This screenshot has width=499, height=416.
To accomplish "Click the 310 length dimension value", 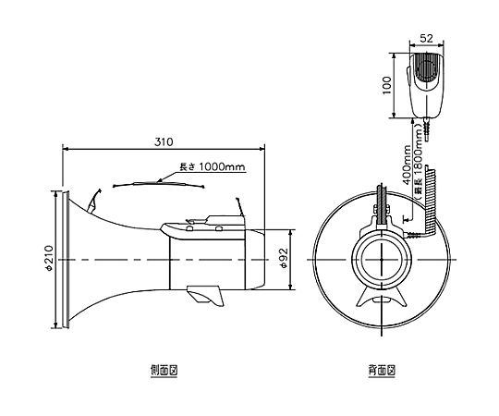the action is pyautogui.click(x=164, y=141).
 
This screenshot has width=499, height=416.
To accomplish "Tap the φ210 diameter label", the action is pyautogui.click(x=49, y=258).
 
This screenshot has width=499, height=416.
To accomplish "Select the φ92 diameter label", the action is pyautogui.click(x=284, y=258).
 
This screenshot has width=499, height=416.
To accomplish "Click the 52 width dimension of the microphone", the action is pyautogui.click(x=426, y=38).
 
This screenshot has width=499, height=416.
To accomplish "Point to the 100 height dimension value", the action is pyautogui.click(x=386, y=85).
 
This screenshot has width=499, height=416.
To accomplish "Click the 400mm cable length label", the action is pyautogui.click(x=407, y=165).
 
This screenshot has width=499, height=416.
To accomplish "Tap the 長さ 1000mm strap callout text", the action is pyautogui.click(x=213, y=166).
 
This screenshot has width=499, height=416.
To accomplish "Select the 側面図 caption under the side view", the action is pyautogui.click(x=164, y=370).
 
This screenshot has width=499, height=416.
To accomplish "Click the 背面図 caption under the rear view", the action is pyautogui.click(x=382, y=370).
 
